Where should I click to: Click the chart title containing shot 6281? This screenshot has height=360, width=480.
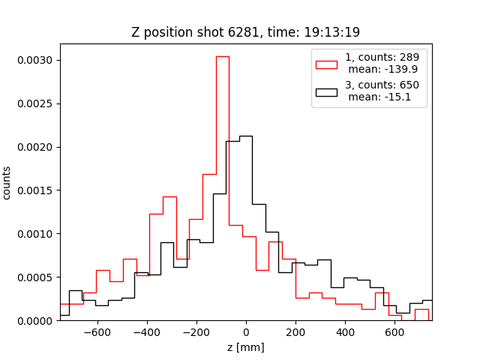(245, 32)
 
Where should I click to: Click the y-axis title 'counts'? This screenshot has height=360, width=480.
(7, 183)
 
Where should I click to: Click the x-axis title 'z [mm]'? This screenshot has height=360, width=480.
(245, 347)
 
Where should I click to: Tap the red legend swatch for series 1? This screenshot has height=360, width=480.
(326, 63)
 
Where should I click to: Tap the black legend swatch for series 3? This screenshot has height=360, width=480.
(326, 92)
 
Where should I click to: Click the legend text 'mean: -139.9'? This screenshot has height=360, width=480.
(381, 70)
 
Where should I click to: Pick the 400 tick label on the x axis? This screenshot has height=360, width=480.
(345, 333)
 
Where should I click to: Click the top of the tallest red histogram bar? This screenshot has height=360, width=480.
(222, 56)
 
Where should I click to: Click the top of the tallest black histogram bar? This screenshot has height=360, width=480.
(245, 136)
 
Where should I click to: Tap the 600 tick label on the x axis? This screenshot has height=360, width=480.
(394, 333)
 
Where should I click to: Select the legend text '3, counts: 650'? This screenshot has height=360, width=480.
(382, 85)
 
